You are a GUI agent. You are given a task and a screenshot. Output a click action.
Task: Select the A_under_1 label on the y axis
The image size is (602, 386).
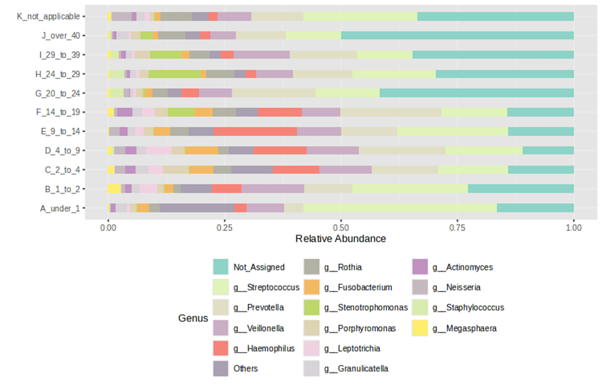(60, 208)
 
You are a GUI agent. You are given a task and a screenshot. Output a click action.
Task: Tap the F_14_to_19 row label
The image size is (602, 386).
(57, 112)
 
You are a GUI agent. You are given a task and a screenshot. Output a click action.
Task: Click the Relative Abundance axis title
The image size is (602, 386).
(340, 239)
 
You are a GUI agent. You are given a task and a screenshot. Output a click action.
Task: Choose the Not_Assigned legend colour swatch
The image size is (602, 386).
(220, 267)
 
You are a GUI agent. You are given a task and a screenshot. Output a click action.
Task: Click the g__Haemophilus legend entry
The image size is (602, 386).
(264, 348)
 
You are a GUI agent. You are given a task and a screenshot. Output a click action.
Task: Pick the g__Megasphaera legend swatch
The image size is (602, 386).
(420, 328)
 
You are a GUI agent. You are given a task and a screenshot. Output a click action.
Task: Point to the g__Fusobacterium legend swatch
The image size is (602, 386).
(312, 288)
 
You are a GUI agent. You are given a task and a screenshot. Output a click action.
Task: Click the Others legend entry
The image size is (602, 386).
(246, 369)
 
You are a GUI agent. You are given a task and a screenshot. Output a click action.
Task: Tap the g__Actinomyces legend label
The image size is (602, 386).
(462, 267)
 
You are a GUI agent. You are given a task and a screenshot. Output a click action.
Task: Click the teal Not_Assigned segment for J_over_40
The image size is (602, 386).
(457, 36)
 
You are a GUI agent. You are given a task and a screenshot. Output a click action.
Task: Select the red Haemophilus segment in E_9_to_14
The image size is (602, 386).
(255, 132)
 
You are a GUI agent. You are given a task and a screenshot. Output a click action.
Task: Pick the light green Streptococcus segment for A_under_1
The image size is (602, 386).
(400, 208)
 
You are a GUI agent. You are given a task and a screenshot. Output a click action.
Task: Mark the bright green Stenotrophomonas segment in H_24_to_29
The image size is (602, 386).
(175, 74)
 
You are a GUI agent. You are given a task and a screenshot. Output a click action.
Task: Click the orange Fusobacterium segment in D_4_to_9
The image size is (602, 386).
(202, 151)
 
